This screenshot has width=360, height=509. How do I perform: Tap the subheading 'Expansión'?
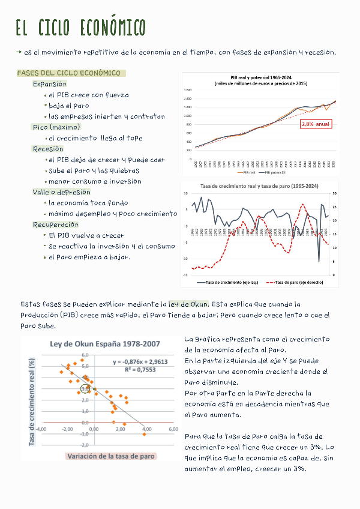[50, 84]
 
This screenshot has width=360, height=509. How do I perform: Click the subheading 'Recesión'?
[48, 149]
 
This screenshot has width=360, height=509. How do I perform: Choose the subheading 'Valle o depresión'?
[61, 192]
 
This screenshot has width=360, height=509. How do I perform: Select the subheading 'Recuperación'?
[56, 224]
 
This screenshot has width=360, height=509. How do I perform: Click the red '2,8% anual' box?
[316, 124]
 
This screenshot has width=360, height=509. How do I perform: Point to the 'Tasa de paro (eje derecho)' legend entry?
[293, 282]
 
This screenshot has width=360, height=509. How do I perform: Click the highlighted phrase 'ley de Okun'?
[188, 304]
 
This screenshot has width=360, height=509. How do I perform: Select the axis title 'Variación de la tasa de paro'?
[110, 456]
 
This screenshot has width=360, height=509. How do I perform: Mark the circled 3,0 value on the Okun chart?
[85, 389]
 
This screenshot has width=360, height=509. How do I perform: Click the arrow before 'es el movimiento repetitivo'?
[20, 53]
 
